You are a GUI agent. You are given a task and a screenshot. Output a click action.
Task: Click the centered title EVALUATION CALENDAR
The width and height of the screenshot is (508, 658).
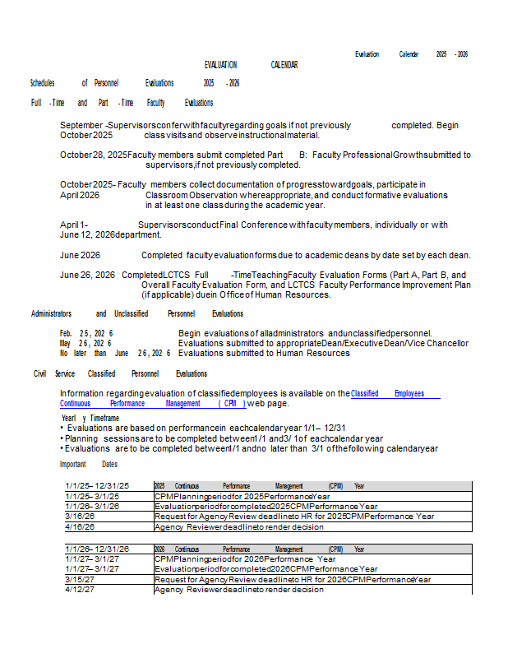pyautogui.click(x=251, y=65)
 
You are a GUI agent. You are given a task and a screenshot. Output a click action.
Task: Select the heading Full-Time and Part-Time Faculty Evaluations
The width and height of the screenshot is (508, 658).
pyautogui.click(x=122, y=103)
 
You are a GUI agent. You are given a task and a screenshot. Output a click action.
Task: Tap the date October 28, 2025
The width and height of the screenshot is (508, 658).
pyautogui.click(x=94, y=155)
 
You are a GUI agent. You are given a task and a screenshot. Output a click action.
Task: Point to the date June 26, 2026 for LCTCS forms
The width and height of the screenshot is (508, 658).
pyautogui.click(x=87, y=275)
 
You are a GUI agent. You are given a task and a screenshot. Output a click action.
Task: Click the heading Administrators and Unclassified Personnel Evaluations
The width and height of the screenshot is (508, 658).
pyautogui.click(x=137, y=313)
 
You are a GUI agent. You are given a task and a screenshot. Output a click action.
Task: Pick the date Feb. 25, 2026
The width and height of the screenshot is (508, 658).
pyautogui.click(x=86, y=332)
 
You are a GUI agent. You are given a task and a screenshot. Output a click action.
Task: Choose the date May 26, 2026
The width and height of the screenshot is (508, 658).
pyautogui.click(x=86, y=343)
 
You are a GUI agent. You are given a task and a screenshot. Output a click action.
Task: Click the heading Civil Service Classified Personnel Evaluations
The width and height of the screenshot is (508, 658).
pyautogui.click(x=120, y=373)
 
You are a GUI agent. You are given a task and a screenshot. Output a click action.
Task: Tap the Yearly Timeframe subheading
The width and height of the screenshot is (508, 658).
pyautogui.click(x=84, y=418)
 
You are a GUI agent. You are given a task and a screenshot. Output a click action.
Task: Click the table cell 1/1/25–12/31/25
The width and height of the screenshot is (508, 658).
pyautogui.click(x=97, y=486)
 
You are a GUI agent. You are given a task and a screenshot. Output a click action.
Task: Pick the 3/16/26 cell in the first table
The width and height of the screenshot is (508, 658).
pyautogui.click(x=80, y=517)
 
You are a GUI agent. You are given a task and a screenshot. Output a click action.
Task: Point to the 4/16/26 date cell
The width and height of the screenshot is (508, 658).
pyautogui.click(x=80, y=526)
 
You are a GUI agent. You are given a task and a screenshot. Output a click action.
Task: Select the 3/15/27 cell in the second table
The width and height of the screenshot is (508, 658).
pyautogui.click(x=80, y=579)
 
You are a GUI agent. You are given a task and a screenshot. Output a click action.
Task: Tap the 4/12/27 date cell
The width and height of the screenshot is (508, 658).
pyautogui.click(x=80, y=589)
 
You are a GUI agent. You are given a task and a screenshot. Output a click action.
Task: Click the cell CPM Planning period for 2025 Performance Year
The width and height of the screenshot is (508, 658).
pyautogui.click(x=242, y=497)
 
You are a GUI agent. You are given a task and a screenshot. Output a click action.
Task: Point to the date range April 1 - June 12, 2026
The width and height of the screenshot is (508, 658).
pyautogui.click(x=87, y=229)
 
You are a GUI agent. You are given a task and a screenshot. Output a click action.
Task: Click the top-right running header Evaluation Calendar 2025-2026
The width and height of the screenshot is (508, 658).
pyautogui.click(x=411, y=54)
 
